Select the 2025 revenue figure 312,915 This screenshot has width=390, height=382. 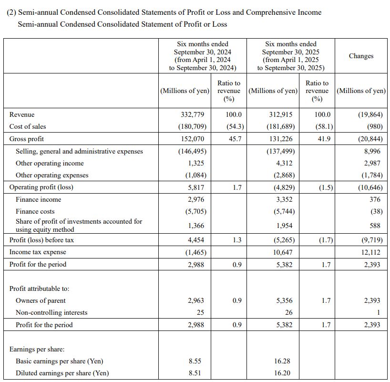(281, 114)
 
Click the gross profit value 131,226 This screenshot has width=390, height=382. (281, 139)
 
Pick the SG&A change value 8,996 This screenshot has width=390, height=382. (372, 151)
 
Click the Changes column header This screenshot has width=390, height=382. (361, 56)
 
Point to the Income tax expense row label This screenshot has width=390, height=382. (38, 252)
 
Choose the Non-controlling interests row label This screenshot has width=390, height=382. (51, 312)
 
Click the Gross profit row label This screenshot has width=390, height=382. (27, 139)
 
